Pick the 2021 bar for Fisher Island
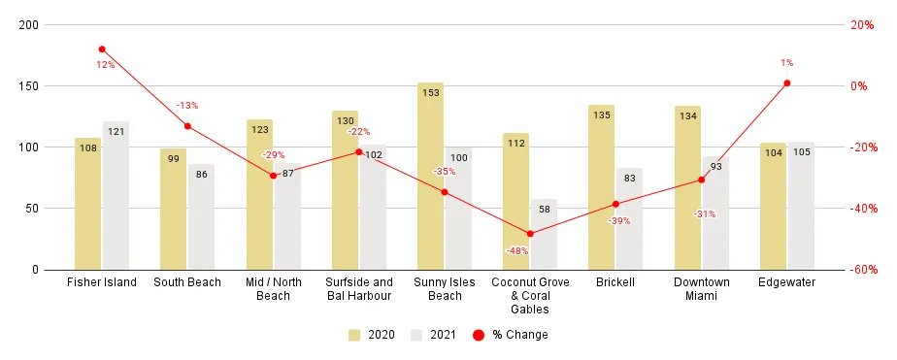[116, 195]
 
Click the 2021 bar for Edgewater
[801, 205]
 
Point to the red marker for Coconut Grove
[530, 234]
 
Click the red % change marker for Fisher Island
[102, 49]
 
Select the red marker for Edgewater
[786, 83]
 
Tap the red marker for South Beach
[187, 126]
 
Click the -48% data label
[516, 251]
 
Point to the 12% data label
[105, 65]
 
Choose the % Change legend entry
[510, 335]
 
